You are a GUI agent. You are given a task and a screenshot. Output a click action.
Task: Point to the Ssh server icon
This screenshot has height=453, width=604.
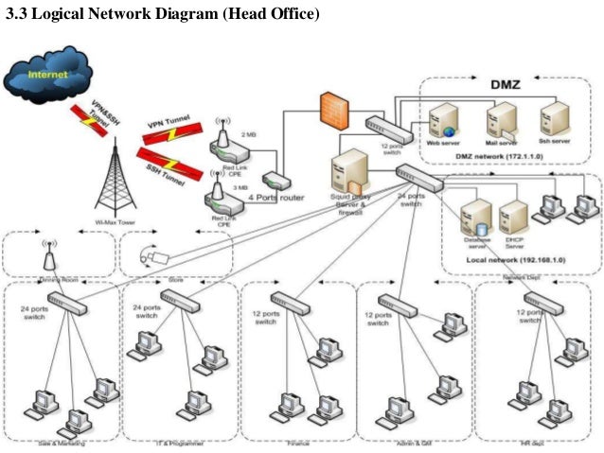point(553,119)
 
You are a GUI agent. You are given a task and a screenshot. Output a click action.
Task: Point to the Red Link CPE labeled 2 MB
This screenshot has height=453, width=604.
point(224,141)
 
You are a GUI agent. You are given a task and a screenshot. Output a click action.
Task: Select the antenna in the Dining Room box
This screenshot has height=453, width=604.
point(44,254)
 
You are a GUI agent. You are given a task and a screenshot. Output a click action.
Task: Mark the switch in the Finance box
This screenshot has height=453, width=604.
point(296,303)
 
